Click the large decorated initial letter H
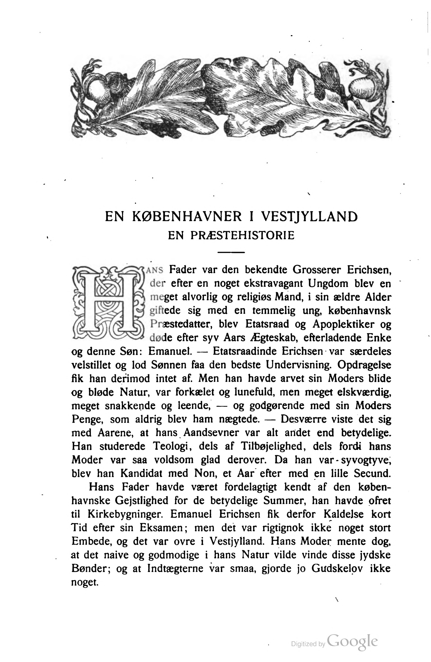click(x=108, y=303)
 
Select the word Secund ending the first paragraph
click(x=371, y=474)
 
